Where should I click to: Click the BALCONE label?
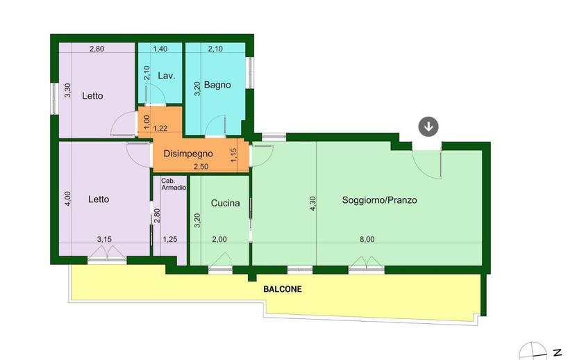click(x=283, y=289)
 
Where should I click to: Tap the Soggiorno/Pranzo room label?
click(x=380, y=200)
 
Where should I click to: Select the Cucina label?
click(x=225, y=203)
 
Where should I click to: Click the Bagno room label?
click(x=217, y=85)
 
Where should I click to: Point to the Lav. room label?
click(x=167, y=76)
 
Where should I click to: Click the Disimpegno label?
click(x=188, y=154)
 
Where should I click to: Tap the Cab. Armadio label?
click(x=174, y=184)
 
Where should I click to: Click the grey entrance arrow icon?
click(x=428, y=126)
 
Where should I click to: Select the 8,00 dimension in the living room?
click(x=367, y=239)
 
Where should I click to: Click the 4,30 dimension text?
click(x=312, y=204)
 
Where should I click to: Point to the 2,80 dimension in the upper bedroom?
click(x=97, y=49)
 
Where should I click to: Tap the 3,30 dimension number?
click(x=68, y=90)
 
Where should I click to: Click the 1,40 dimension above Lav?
click(x=160, y=49)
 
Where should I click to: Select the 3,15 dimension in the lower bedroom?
click(x=104, y=239)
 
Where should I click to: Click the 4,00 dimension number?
click(x=68, y=199)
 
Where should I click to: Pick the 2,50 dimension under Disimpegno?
click(x=201, y=167)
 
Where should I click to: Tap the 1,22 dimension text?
click(x=160, y=129)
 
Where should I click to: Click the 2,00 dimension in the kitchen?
click(x=219, y=239)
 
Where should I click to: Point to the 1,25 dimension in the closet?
click(x=169, y=239)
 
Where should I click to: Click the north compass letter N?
click(x=558, y=352)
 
